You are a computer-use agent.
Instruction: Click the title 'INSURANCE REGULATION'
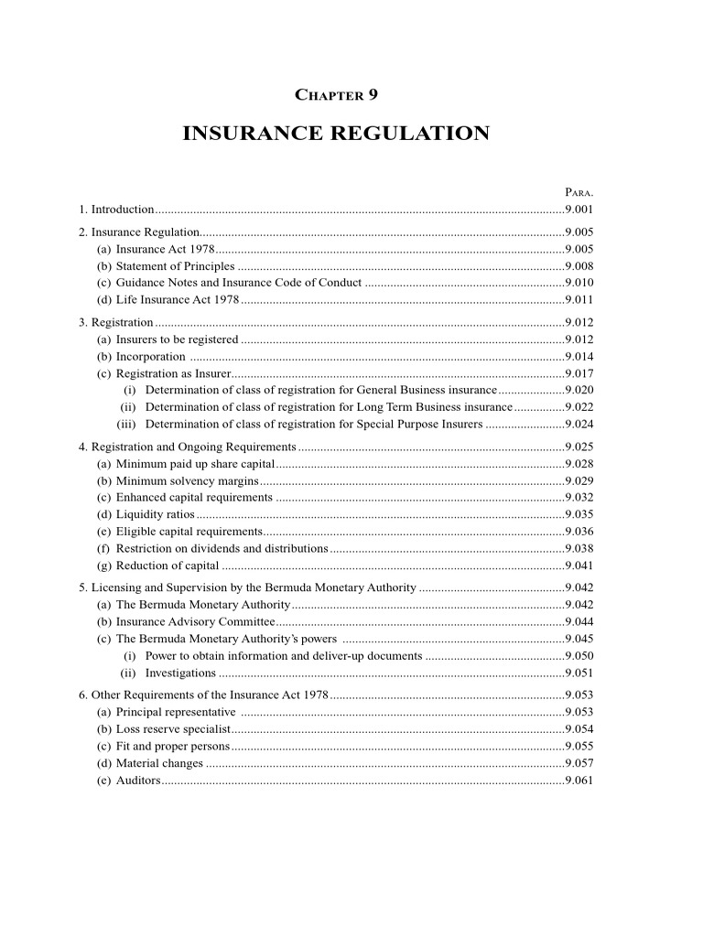point(336,134)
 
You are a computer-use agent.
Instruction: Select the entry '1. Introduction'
point(116,210)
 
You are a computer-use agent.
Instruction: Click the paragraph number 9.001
point(579,210)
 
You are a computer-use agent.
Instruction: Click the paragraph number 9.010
point(579,282)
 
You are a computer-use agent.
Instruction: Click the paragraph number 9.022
point(579,406)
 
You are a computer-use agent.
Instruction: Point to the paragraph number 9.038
point(579,548)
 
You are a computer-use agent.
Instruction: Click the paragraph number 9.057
point(579,762)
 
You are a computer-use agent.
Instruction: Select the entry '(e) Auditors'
point(128,780)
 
